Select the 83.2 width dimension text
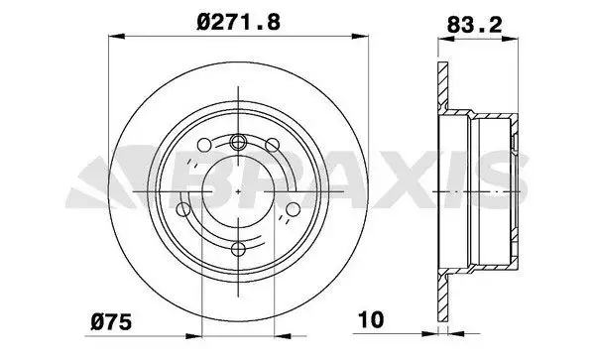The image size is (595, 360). click(474, 25)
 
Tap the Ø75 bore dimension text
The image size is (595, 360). click(111, 322)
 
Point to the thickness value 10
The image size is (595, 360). click(372, 319)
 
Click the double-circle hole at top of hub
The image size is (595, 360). click(238, 142)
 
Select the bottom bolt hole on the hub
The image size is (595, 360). click(238, 249)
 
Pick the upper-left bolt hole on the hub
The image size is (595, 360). click(204, 145)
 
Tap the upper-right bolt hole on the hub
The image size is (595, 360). click(272, 145)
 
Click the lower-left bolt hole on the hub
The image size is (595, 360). click(183, 208)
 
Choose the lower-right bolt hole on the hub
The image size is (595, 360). click(293, 208)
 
